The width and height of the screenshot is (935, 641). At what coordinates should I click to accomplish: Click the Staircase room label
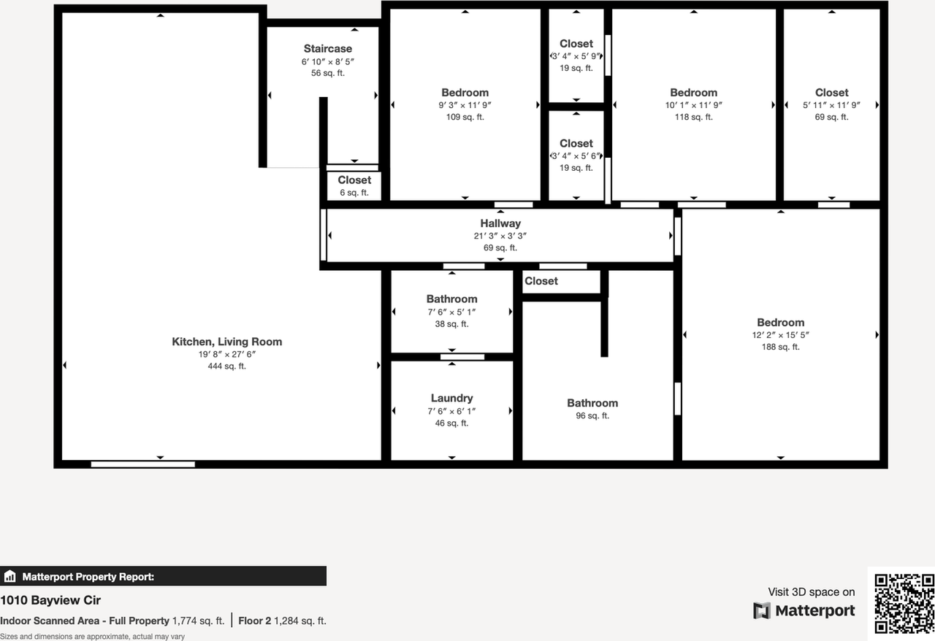pyautogui.click(x=328, y=49)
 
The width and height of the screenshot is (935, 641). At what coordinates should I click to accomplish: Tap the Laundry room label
pyautogui.click(x=451, y=398)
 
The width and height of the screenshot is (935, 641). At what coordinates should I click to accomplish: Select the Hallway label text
pyautogui.click(x=500, y=223)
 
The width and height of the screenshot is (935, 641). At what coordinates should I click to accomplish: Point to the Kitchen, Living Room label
pyautogui.click(x=226, y=342)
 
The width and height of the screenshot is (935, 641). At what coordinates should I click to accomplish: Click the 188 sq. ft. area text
pyautogui.click(x=780, y=347)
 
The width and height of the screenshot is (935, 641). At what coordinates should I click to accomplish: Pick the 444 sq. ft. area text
pyautogui.click(x=226, y=366)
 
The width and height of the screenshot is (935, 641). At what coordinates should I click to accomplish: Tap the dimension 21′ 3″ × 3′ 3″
pyautogui.click(x=500, y=236)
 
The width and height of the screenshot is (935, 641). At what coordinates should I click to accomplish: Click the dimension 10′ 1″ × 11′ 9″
pyautogui.click(x=693, y=105)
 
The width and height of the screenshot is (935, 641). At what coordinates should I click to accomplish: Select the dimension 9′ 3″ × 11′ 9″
pyautogui.click(x=465, y=105)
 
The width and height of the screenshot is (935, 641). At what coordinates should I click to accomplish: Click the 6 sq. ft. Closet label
pyautogui.click(x=354, y=180)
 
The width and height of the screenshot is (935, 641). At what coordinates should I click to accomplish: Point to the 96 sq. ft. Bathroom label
pyautogui.click(x=592, y=403)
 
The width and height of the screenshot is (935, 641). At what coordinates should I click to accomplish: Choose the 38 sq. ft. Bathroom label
pyautogui.click(x=451, y=299)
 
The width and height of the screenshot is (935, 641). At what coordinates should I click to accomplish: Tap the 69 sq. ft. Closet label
pyautogui.click(x=831, y=93)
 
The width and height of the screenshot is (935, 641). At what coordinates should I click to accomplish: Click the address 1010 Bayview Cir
pyautogui.click(x=50, y=600)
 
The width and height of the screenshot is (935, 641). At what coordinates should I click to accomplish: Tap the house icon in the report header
pyautogui.click(x=9, y=577)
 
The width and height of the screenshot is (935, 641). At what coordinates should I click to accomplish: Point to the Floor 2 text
pyautogui.click(x=254, y=621)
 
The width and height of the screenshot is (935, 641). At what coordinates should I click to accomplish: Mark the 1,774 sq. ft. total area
pyautogui.click(x=198, y=621)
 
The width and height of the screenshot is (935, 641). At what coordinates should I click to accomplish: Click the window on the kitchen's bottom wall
pyautogui.click(x=142, y=464)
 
